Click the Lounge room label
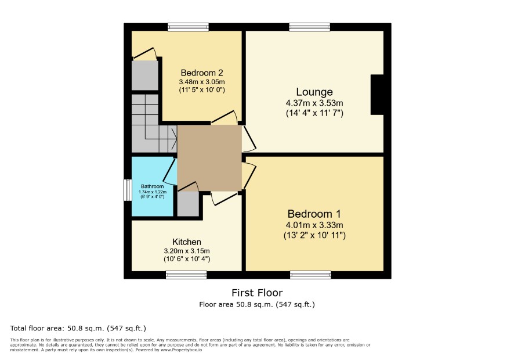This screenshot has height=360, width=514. (314, 92)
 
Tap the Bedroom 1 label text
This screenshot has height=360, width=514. (314, 214)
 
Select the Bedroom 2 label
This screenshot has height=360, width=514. (202, 73)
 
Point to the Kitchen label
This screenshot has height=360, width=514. (187, 242)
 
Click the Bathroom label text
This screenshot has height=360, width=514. (153, 186)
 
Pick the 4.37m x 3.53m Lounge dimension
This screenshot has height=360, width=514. (314, 103)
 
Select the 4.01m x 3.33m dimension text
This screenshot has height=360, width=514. (314, 225)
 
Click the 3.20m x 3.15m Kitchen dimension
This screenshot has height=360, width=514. (187, 251)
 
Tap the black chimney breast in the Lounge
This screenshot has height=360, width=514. (377, 95)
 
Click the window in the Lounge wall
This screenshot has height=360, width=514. (309, 27)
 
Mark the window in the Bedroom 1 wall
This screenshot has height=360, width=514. (310, 275)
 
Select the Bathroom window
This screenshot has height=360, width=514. (128, 190)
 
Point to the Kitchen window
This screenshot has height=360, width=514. (186, 275)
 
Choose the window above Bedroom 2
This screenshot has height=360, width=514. (188, 27)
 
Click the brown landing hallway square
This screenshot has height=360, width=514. (209, 158)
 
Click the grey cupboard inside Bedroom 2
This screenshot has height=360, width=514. (144, 75)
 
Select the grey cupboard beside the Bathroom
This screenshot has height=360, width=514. (188, 204)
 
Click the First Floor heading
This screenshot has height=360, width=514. (257, 293)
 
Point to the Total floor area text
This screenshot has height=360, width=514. (78, 328)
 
